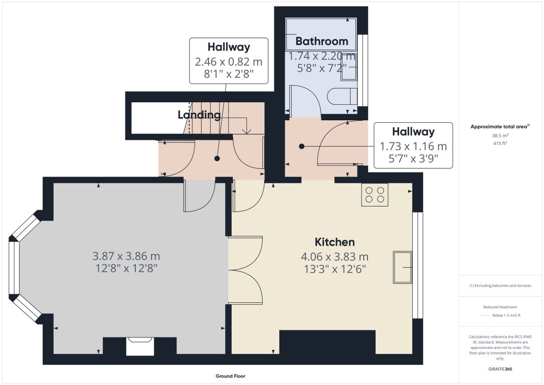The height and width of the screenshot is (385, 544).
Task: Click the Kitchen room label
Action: coord(334,242)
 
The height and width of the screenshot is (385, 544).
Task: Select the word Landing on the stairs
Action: coord(199,115)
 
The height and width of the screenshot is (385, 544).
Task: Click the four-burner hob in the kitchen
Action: coord(375,195)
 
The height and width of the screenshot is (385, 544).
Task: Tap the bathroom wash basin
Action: coord(349,71)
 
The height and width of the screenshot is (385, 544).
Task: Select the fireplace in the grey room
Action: coord(139,346)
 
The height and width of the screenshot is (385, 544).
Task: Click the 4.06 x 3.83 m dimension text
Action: coord(334,257)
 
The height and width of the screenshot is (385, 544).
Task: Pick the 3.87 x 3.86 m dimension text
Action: coord(126,256)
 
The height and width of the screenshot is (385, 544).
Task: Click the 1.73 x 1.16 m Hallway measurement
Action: coord(413,147)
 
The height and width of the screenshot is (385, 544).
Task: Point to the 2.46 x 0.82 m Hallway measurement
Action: coord(228,62)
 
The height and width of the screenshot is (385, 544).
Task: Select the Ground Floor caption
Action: coord(230,376)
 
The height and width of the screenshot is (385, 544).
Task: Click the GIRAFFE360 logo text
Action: coord(500,369)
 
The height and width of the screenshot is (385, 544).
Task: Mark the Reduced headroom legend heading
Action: coord(500,307)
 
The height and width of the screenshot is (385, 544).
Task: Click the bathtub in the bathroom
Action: coord(321,34)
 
